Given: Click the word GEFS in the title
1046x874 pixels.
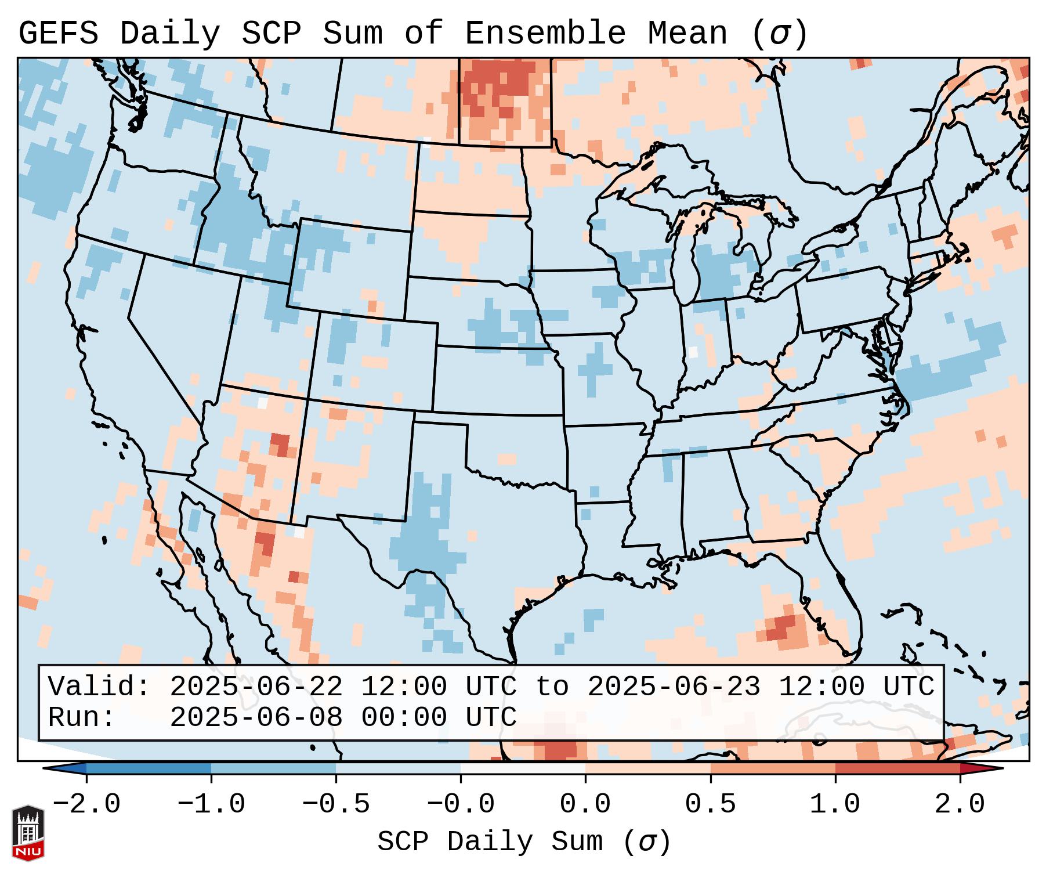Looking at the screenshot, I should tap(58, 34).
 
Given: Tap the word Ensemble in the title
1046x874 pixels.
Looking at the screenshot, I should tap(545, 34).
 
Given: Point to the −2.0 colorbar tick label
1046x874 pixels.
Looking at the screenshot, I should tap(86, 804).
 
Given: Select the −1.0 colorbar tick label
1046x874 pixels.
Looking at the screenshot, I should tap(211, 804).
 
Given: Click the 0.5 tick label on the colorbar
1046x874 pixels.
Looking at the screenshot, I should tap(710, 804).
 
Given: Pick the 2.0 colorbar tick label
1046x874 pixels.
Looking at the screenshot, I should tap(960, 804).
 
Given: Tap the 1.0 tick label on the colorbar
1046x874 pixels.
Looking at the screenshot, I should tap(835, 804).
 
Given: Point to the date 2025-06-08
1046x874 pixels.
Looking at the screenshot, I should tap(256, 717).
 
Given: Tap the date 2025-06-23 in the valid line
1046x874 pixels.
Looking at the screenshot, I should tap(674, 687).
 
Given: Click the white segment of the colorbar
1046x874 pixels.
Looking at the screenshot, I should tap(523, 769).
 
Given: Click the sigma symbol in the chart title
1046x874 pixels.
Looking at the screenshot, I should tap(779, 34).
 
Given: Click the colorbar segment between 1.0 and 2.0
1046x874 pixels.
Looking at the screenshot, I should tap(897, 769).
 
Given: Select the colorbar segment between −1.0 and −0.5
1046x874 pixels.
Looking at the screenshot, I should tap(273, 769).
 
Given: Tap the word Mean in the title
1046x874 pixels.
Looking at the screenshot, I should tap(687, 34).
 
